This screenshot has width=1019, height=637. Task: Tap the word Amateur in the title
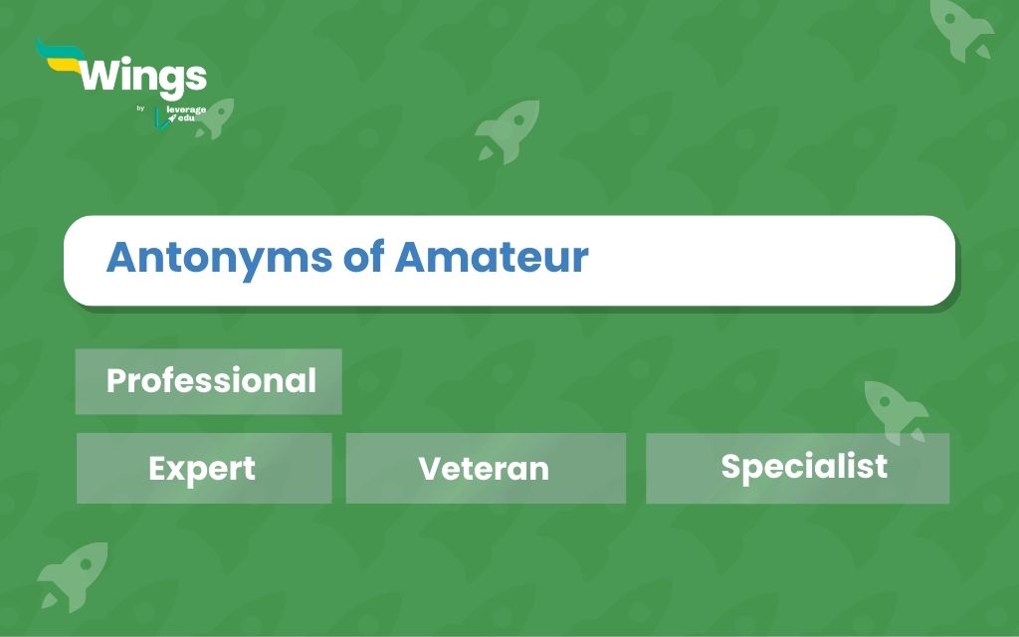(x=492, y=257)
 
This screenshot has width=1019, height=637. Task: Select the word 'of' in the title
(x=364, y=256)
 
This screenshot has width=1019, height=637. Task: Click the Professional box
(x=209, y=381)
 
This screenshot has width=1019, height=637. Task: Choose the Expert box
(x=204, y=468)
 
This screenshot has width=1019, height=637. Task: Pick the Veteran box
(x=486, y=468)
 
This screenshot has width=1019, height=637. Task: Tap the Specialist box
(x=797, y=468)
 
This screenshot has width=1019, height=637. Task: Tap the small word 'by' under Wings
(x=140, y=108)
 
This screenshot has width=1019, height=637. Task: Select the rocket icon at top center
(x=509, y=130)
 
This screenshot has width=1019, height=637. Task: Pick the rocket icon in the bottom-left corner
(x=74, y=576)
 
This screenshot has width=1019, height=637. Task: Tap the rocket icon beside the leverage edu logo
(x=216, y=117)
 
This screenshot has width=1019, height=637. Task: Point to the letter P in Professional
(x=117, y=381)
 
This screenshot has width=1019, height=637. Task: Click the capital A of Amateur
(x=411, y=257)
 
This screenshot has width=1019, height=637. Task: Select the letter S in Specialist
(x=731, y=466)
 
